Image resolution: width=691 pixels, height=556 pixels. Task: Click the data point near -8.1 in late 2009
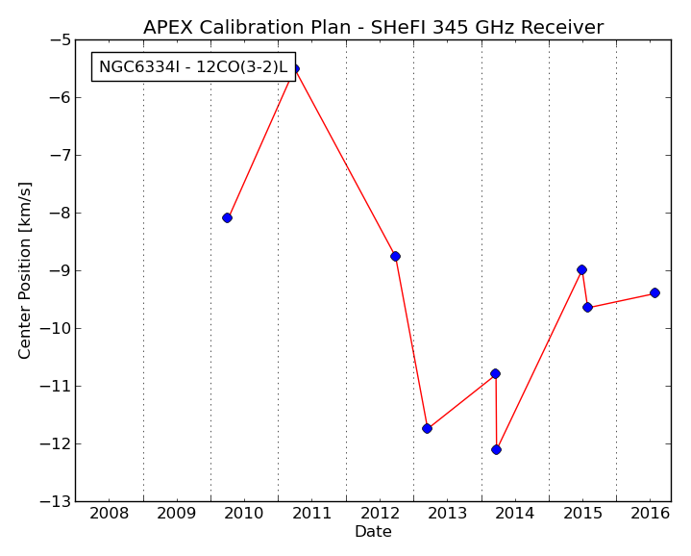click(x=227, y=217)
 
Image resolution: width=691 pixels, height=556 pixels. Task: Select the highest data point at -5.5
click(x=295, y=69)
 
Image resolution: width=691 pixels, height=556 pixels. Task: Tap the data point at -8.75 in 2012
click(x=395, y=256)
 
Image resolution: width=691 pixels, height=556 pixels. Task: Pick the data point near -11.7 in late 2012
click(x=427, y=429)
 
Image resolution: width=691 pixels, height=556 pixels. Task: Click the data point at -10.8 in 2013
click(x=495, y=374)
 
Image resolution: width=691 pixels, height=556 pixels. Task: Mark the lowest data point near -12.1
click(x=496, y=450)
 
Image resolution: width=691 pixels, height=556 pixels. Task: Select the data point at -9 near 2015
click(x=581, y=270)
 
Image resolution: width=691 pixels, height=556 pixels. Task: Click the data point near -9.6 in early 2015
click(x=587, y=307)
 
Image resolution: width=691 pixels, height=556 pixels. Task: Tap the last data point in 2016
click(x=654, y=292)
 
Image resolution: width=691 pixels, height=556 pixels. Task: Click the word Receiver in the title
click(x=562, y=27)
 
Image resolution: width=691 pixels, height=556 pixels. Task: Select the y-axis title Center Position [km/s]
click(x=25, y=270)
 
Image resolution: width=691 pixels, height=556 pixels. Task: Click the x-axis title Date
click(x=373, y=531)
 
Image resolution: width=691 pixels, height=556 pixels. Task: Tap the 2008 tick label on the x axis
click(x=110, y=514)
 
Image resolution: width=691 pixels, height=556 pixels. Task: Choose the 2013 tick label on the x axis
click(x=448, y=514)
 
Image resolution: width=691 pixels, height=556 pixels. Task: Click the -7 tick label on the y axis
click(x=60, y=155)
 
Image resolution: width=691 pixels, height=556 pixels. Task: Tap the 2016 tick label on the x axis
click(x=651, y=514)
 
